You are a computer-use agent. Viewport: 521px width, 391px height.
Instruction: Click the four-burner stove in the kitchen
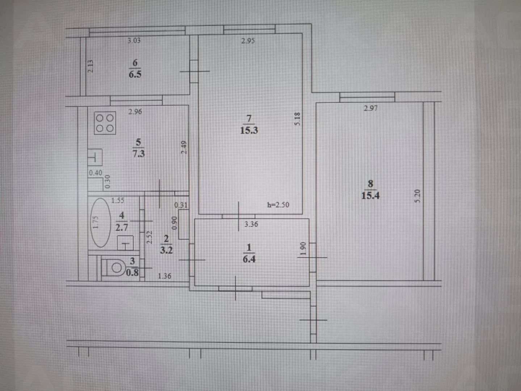(x=105, y=123)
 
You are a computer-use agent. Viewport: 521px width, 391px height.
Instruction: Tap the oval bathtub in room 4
(x=101, y=223)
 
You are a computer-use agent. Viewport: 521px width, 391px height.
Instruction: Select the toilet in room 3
(x=113, y=268)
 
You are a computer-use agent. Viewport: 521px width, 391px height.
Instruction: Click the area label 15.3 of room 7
(x=249, y=130)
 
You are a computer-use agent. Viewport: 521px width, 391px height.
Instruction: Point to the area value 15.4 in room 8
(x=370, y=196)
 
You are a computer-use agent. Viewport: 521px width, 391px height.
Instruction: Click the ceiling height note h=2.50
(x=278, y=205)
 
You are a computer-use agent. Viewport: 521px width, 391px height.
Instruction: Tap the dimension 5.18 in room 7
(x=297, y=119)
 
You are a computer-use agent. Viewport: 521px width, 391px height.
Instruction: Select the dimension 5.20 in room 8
(x=417, y=196)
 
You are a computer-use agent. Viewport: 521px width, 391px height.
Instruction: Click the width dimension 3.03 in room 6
(x=134, y=41)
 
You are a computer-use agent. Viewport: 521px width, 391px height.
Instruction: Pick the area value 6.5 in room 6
(x=135, y=74)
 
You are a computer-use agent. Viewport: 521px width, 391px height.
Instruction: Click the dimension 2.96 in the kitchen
(x=135, y=112)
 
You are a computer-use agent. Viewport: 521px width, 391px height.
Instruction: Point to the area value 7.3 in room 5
(x=139, y=154)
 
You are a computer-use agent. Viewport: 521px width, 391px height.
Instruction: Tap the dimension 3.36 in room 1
(x=251, y=224)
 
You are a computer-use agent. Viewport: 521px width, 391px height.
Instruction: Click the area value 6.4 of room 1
(x=249, y=259)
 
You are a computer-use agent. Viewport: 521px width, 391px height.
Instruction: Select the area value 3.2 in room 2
(x=166, y=250)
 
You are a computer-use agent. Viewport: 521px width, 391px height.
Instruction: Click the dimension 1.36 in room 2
(x=164, y=276)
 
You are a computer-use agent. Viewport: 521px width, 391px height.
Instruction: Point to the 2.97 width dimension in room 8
(x=370, y=108)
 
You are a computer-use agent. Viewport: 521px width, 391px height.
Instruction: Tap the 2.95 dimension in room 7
(x=248, y=41)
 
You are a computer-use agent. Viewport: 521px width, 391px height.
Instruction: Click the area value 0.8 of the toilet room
(x=132, y=273)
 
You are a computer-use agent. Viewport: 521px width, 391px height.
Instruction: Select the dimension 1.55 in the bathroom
(x=118, y=201)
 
